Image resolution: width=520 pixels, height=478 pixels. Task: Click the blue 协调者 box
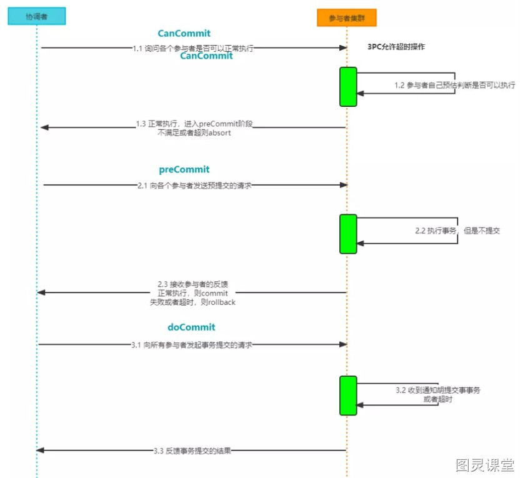point(36,16)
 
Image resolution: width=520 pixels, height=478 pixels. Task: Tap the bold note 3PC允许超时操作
point(396,47)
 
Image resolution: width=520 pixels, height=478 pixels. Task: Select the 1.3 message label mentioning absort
point(194,128)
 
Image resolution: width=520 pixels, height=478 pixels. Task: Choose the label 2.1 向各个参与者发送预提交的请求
point(194,185)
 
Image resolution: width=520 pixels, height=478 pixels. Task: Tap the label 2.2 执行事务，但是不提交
point(457,231)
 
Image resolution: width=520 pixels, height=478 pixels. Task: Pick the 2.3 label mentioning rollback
point(192,293)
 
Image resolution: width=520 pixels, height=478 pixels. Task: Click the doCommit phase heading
point(191,327)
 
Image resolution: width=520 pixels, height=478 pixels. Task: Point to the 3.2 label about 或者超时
point(437,394)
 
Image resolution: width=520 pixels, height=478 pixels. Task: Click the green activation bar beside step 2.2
point(348,234)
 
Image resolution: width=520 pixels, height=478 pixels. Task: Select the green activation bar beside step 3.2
point(348,396)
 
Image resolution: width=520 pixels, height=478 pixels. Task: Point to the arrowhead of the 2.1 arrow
point(343,185)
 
